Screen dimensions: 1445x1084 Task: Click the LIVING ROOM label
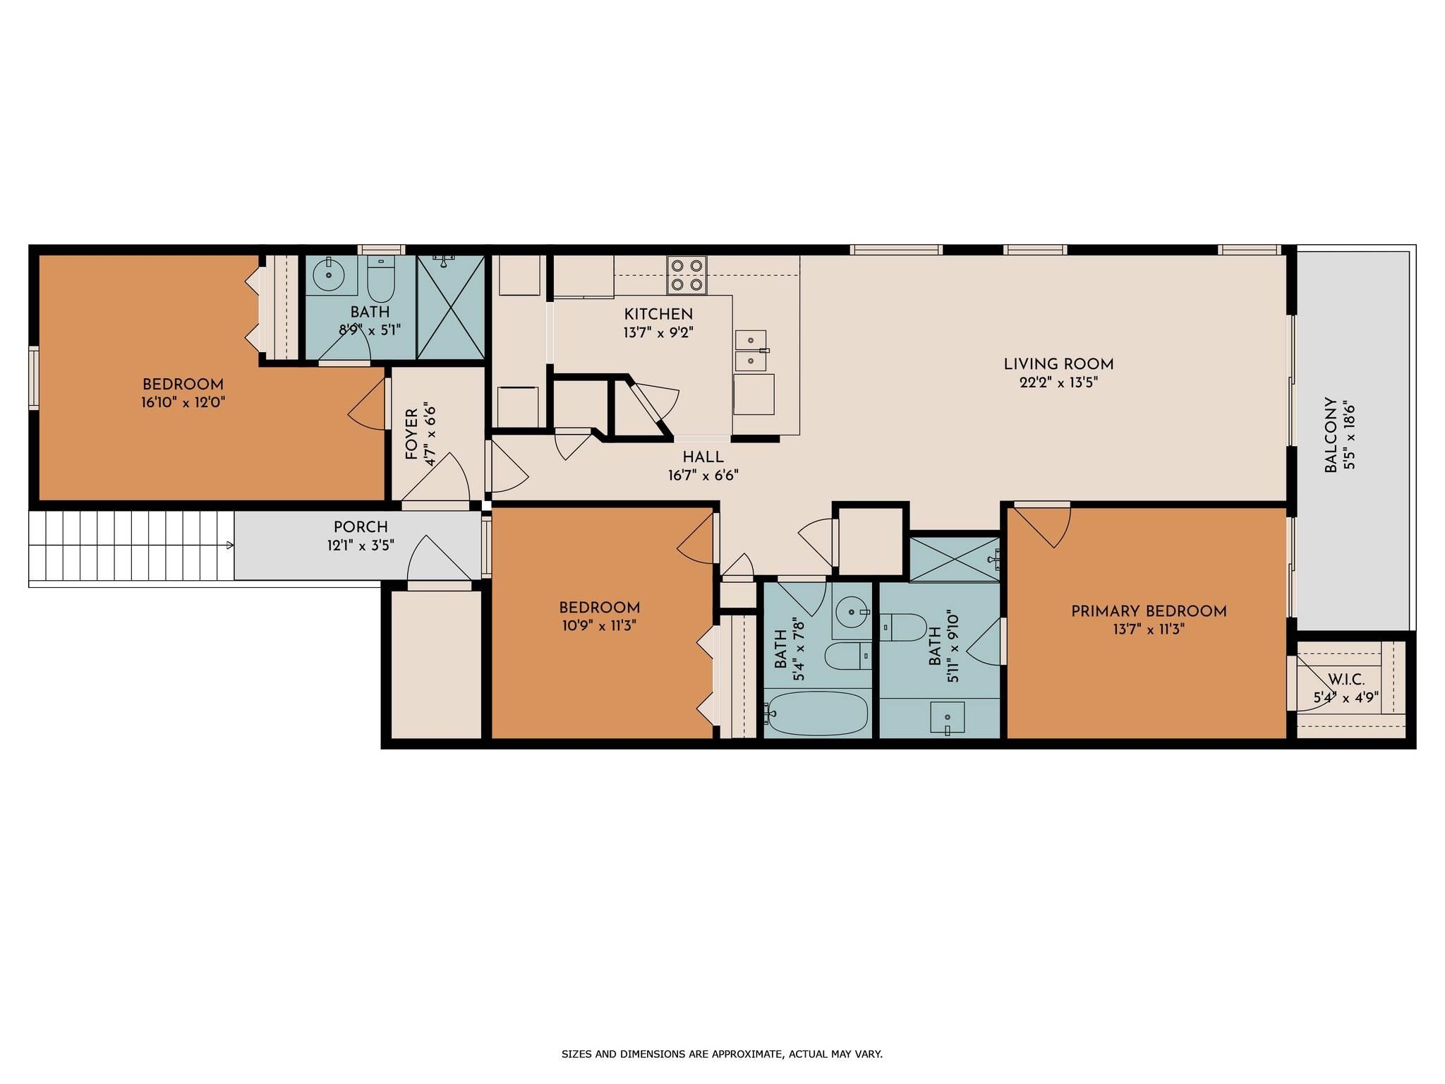pyautogui.click(x=1058, y=365)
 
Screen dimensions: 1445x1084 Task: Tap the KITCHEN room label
pyautogui.click(x=658, y=314)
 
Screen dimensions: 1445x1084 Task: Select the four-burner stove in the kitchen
pyautogui.click(x=687, y=275)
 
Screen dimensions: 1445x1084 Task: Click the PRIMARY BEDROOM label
pyautogui.click(x=1149, y=612)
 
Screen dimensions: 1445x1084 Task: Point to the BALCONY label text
pyautogui.click(x=1331, y=435)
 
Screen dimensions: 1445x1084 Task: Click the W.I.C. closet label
pyautogui.click(x=1346, y=680)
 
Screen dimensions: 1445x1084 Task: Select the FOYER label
pyautogui.click(x=412, y=435)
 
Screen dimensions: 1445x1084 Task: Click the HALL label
pyautogui.click(x=703, y=457)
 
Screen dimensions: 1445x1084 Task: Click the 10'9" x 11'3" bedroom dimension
pyautogui.click(x=599, y=626)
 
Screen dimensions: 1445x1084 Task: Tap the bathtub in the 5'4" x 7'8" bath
pyautogui.click(x=817, y=713)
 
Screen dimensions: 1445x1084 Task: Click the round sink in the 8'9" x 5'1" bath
pyautogui.click(x=331, y=275)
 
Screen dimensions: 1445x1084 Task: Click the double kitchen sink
pyautogui.click(x=751, y=351)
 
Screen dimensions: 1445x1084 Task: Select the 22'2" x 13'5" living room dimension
pyautogui.click(x=1058, y=383)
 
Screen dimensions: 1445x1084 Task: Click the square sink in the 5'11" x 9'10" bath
pyautogui.click(x=947, y=718)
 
